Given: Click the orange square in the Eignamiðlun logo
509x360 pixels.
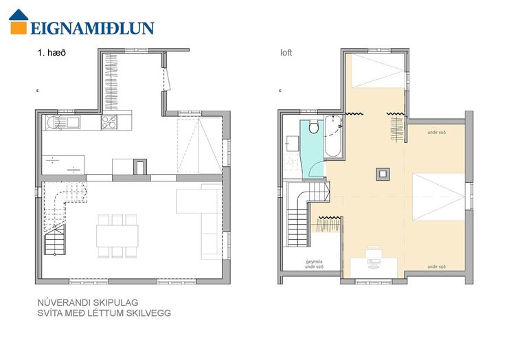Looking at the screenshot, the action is (x=19, y=27).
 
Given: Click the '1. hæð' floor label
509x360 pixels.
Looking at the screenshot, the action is (x=52, y=53).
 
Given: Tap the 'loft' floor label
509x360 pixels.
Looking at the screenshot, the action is (x=286, y=53).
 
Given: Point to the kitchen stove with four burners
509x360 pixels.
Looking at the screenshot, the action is (x=109, y=122).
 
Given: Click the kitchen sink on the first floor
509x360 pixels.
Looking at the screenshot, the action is (x=73, y=122).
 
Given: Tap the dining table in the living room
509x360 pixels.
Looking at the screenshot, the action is (x=117, y=236).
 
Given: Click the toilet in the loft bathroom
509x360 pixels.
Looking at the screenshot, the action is (x=314, y=127).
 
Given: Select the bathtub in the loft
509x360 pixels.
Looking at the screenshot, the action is (x=332, y=136).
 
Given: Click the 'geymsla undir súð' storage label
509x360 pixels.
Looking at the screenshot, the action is (x=314, y=265).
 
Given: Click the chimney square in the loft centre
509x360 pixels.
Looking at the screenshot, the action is (x=383, y=174).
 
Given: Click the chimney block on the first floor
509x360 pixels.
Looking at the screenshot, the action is (x=140, y=167).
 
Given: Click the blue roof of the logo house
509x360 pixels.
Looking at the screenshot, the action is (x=19, y=15).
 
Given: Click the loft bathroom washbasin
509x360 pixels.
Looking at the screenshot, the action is (x=292, y=144).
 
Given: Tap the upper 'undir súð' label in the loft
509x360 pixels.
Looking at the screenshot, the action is (x=437, y=133).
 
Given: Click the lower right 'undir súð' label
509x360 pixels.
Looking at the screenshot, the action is (x=437, y=267).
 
